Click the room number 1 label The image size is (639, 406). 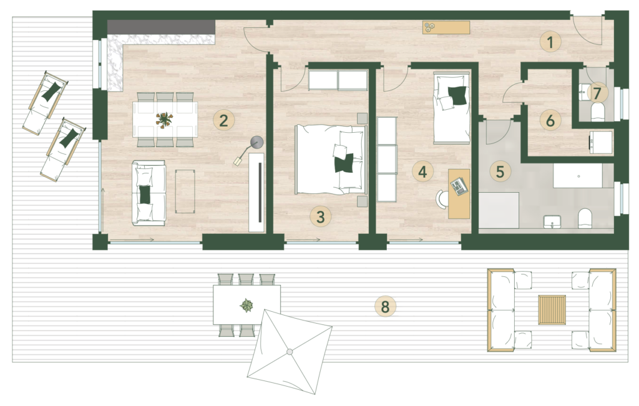coord(550,42)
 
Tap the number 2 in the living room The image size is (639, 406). coord(223,120)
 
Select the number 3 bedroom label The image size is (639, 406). coord(320,216)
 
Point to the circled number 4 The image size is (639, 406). coord(422,172)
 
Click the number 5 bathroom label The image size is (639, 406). coord(500,172)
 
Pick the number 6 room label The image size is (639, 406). coord(550,120)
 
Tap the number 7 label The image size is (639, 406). coord(597,94)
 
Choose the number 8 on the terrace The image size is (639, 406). coord(385,306)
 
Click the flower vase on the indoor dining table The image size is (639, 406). coord(163,119)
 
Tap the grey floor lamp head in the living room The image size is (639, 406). coord(256,142)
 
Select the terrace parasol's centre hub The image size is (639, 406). coord(289,352)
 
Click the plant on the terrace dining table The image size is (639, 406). coord(246,305)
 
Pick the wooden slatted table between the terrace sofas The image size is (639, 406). coord(552,310)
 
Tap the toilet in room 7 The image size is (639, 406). coord(597,112)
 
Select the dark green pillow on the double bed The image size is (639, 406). coord(344,163)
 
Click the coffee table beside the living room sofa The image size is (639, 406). coord(185,191)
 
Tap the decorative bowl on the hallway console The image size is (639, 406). coord(429,27)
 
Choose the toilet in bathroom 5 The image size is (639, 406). coord(585,219)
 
